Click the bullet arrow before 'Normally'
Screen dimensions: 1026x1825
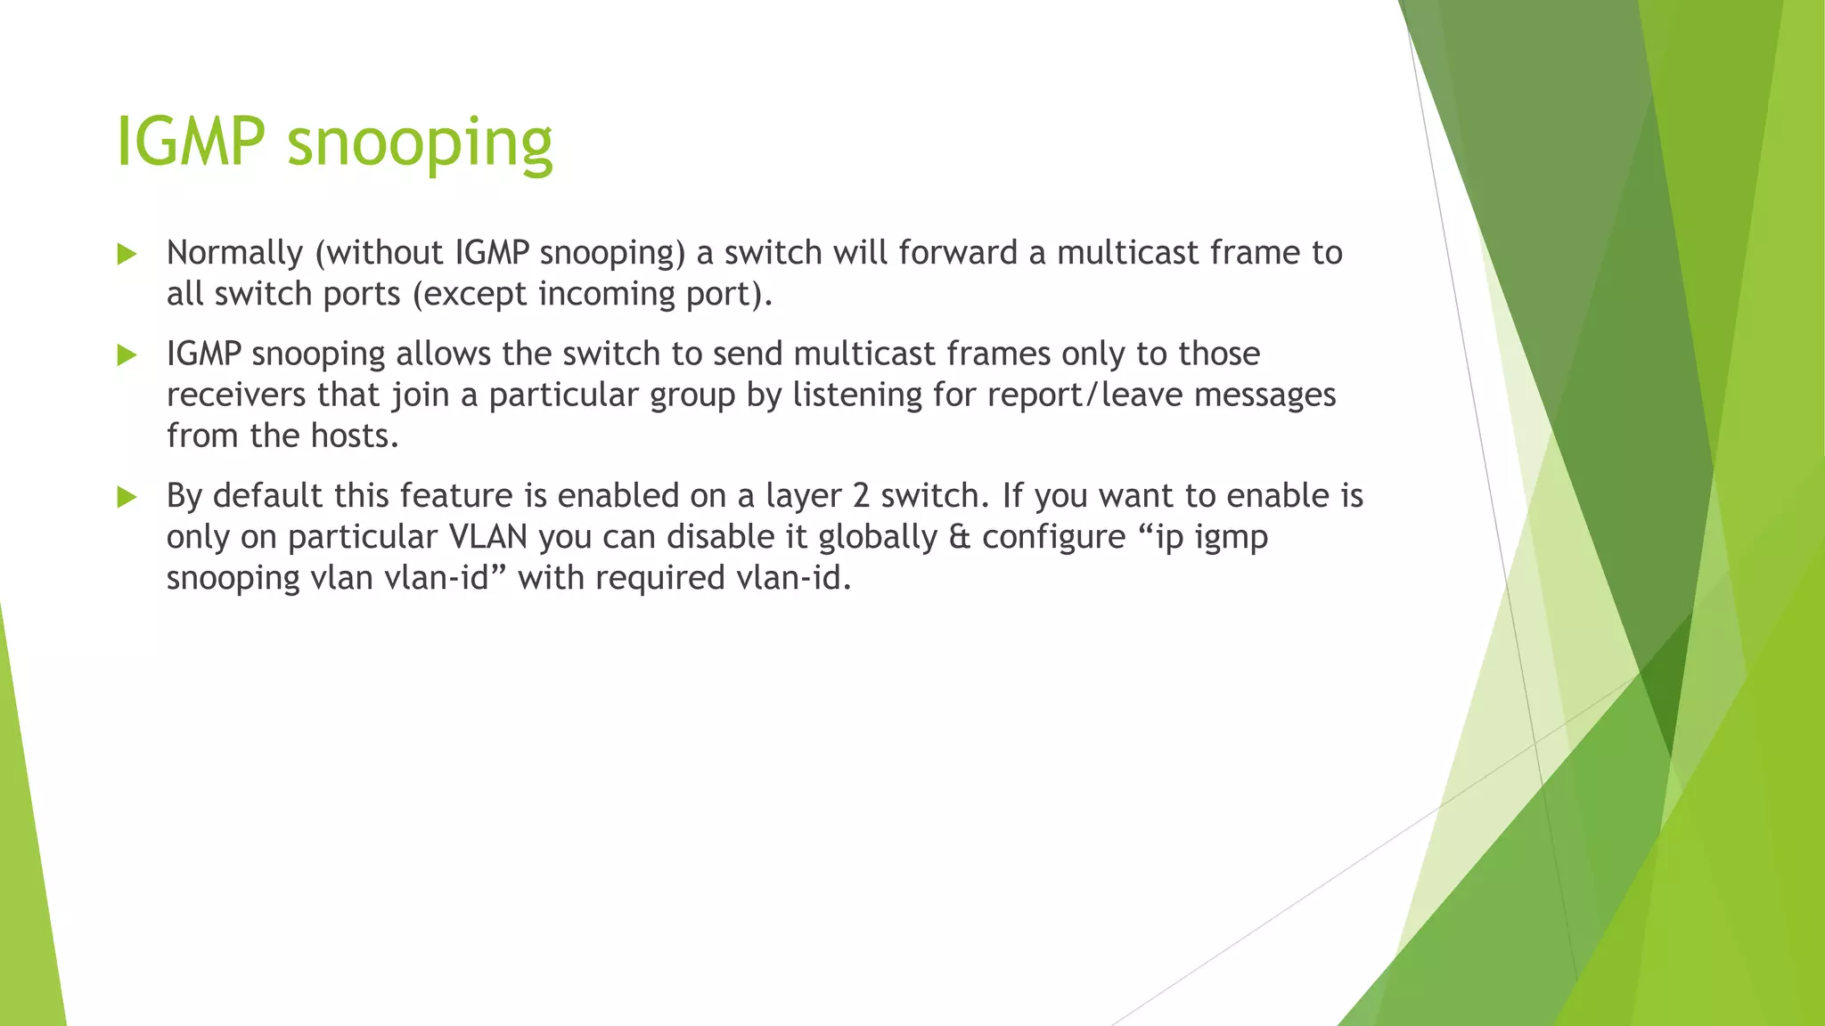tap(127, 255)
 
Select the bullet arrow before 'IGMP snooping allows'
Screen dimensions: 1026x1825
tap(127, 355)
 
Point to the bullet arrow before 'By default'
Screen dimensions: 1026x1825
tap(127, 497)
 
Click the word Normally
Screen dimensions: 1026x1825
tap(234, 254)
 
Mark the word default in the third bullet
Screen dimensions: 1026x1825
tap(267, 495)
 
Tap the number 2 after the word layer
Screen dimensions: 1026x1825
tap(861, 495)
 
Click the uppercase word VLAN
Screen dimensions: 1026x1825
tap(488, 536)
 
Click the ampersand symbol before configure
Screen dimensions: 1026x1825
tap(959, 537)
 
